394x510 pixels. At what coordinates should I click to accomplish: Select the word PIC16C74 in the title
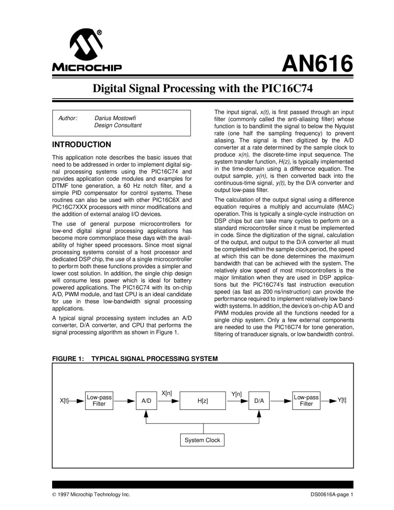(x=287, y=89)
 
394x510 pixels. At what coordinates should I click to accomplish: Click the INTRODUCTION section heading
(x=82, y=145)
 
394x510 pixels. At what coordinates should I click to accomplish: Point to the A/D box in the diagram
(x=146, y=401)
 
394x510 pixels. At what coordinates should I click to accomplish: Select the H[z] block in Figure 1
(x=202, y=401)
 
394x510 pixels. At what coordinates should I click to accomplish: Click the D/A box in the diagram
(x=259, y=401)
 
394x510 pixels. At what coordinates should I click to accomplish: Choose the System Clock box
(x=202, y=440)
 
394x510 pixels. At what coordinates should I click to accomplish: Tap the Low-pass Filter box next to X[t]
(x=99, y=400)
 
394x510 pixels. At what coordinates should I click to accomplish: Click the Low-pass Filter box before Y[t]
(x=306, y=400)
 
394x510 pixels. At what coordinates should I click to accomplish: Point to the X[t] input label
(x=64, y=400)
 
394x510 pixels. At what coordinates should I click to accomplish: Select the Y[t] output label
(x=341, y=400)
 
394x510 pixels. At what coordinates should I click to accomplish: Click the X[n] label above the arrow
(x=167, y=393)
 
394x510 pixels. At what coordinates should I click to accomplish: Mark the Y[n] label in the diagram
(x=236, y=394)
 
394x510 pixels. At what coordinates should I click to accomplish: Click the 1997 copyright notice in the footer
(x=91, y=495)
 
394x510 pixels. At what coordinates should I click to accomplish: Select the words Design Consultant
(x=118, y=125)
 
